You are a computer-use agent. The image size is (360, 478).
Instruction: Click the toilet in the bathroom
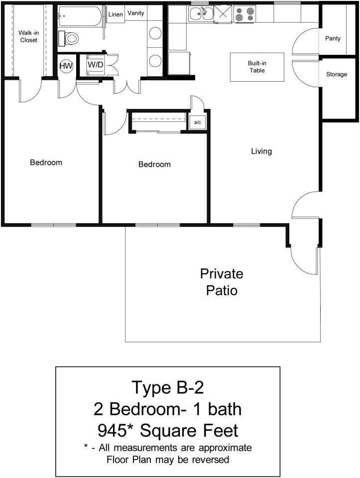click(70, 38)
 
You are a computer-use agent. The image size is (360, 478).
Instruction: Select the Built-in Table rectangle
click(257, 67)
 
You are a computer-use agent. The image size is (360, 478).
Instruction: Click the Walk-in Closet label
click(28, 36)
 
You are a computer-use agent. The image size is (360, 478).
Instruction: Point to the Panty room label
click(333, 38)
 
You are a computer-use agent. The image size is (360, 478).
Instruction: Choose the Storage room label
click(337, 75)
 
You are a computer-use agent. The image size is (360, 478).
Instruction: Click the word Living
click(261, 151)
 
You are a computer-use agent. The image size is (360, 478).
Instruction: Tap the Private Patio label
click(222, 282)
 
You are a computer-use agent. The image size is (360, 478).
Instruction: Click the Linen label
click(116, 14)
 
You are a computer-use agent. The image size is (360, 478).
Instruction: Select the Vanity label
click(136, 13)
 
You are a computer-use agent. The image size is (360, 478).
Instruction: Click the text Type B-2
click(167, 387)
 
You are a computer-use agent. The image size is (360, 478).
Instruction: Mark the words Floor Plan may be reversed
click(168, 459)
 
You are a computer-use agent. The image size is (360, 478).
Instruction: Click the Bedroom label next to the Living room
click(154, 165)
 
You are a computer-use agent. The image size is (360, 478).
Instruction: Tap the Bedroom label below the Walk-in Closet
click(46, 162)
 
